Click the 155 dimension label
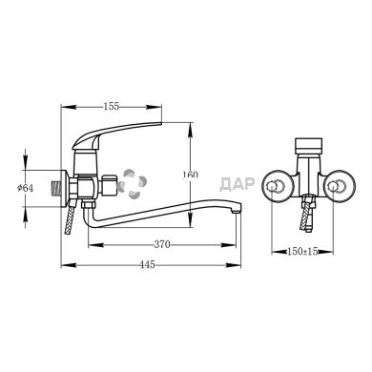(112, 106)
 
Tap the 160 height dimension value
(190, 175)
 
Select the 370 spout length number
(162, 244)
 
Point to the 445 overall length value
(147, 264)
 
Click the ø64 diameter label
(26, 188)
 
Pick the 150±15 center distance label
(302, 252)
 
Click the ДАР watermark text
(238, 184)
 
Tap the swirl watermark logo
(134, 184)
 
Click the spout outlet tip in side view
(236, 211)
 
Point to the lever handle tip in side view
(160, 123)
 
